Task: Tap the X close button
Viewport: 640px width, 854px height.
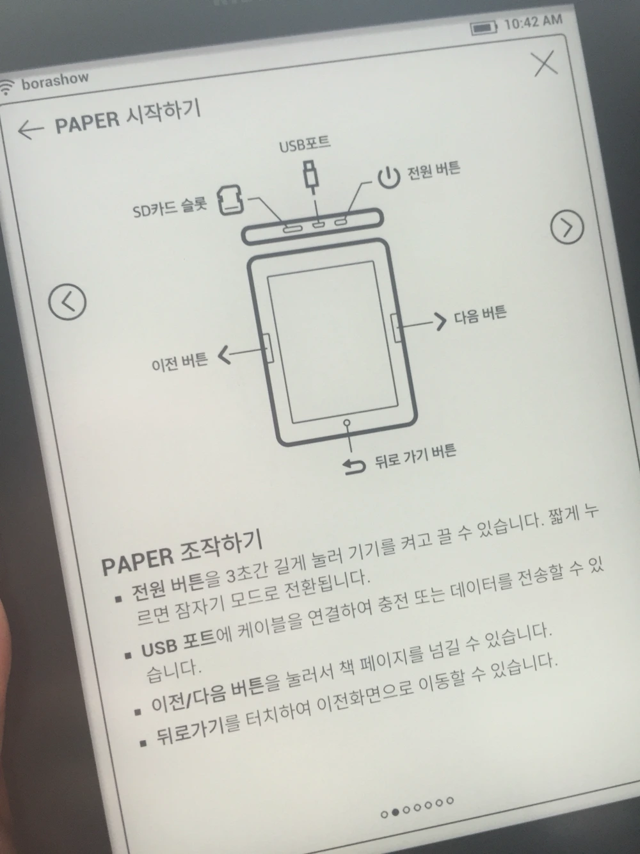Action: (x=547, y=64)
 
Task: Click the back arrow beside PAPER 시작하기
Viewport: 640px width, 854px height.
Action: (x=31, y=129)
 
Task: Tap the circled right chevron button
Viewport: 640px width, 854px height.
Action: (x=567, y=227)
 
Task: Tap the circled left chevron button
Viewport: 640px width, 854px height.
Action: (x=67, y=302)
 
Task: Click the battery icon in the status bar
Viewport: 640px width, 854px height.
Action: (x=483, y=28)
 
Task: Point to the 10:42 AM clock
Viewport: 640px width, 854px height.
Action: (x=533, y=22)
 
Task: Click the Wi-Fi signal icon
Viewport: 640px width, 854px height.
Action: (x=7, y=87)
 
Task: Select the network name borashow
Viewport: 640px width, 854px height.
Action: (x=55, y=81)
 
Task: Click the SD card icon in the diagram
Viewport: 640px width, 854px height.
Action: (x=231, y=200)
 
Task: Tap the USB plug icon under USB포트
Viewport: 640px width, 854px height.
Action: (x=310, y=177)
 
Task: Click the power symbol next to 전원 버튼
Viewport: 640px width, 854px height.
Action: (x=388, y=177)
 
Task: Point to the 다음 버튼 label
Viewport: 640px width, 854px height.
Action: (x=480, y=314)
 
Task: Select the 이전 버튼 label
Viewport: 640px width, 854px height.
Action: (x=180, y=362)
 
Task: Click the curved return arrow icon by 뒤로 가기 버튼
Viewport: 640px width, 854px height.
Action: (x=354, y=466)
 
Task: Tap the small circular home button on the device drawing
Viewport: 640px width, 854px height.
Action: (x=347, y=423)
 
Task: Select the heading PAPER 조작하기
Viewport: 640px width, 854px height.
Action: (x=182, y=553)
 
